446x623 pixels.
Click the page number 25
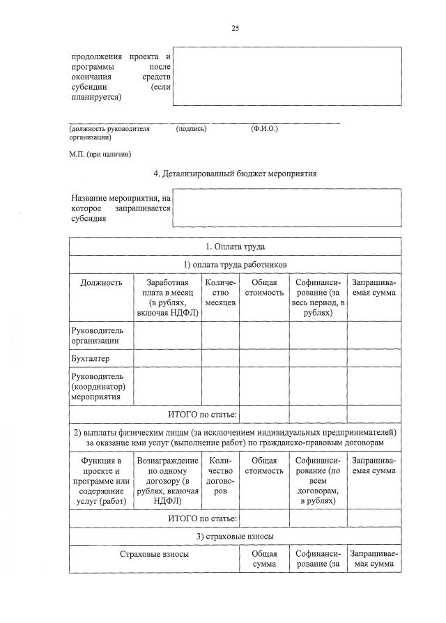tap(235, 29)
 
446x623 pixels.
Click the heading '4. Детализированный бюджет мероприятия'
tap(235, 174)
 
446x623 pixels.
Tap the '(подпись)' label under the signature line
tap(192, 129)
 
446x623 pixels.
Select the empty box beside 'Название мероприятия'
tap(286, 208)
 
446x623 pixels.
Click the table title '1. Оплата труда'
tap(235, 247)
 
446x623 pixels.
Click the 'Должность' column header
tap(101, 283)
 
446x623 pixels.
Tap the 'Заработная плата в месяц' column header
tap(167, 298)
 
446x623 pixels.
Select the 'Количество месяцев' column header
tap(221, 293)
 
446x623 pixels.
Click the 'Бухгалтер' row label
tap(91, 358)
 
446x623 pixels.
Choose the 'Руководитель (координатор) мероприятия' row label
tap(97, 385)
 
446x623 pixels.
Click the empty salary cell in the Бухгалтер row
tap(167, 358)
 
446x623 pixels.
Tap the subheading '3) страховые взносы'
tap(235, 536)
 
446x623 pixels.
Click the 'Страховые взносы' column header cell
tap(153, 554)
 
